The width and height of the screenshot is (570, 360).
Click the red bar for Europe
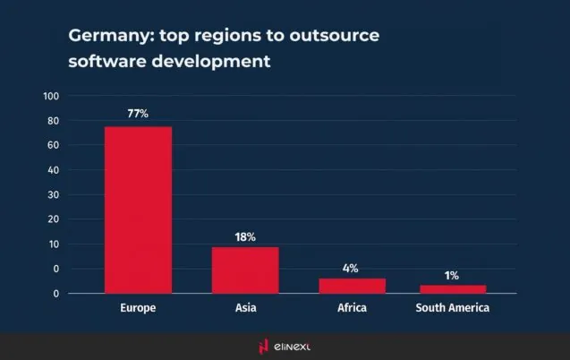click(138, 210)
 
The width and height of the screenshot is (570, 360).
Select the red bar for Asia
click(245, 270)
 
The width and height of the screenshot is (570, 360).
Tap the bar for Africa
click(352, 286)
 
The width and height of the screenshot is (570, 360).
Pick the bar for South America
click(452, 288)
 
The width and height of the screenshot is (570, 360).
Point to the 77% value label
click(138, 114)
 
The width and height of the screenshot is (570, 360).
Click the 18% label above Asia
click(245, 236)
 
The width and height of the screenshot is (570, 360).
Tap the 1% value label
click(452, 275)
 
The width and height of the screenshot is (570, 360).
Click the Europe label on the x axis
click(138, 308)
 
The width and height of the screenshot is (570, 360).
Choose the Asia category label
click(245, 308)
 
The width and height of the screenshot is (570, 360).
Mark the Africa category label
click(352, 308)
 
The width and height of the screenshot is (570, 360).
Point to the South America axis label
click(452, 308)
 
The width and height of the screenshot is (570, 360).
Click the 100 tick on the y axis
click(51, 96)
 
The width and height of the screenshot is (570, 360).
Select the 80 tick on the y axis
click(53, 121)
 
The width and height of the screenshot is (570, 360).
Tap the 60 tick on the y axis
click(53, 145)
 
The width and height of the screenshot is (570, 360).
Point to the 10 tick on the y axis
click(53, 244)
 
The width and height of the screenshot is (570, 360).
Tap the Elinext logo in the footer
click(285, 346)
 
